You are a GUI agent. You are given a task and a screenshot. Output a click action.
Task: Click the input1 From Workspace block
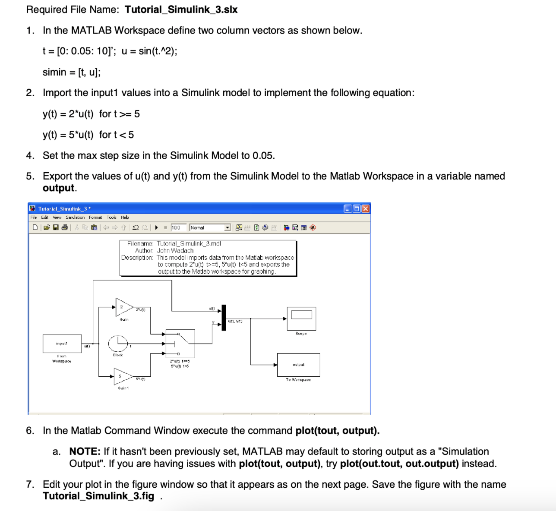coord(62,344)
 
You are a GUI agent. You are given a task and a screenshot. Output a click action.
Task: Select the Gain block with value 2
coord(123,307)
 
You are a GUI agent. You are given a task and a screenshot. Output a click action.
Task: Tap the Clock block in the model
coord(117,344)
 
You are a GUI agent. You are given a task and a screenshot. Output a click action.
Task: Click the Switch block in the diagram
coord(180,344)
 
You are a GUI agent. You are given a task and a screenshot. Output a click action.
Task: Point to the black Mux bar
coord(224,317)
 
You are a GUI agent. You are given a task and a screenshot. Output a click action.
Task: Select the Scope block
coord(301,319)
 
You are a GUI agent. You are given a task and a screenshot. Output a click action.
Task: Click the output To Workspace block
coord(298,365)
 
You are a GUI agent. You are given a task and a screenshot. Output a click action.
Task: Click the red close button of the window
coord(366,209)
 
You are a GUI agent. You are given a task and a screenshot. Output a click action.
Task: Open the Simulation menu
coord(75,218)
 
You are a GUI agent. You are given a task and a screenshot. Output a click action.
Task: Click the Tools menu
coord(111,218)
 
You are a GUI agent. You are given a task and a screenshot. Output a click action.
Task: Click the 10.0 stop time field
coord(178,227)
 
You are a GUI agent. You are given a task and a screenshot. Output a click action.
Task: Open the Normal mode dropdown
coord(227,227)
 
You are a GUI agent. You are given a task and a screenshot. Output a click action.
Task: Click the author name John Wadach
coord(175,250)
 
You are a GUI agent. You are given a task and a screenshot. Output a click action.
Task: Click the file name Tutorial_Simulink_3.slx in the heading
coord(181,9)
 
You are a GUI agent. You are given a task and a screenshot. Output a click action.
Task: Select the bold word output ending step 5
coord(59,188)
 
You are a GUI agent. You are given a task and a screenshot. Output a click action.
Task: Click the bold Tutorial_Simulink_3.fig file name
coord(98,496)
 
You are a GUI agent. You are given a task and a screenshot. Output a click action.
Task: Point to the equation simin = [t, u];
coord(72,72)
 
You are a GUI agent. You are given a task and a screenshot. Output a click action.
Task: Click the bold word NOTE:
coord(85,451)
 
